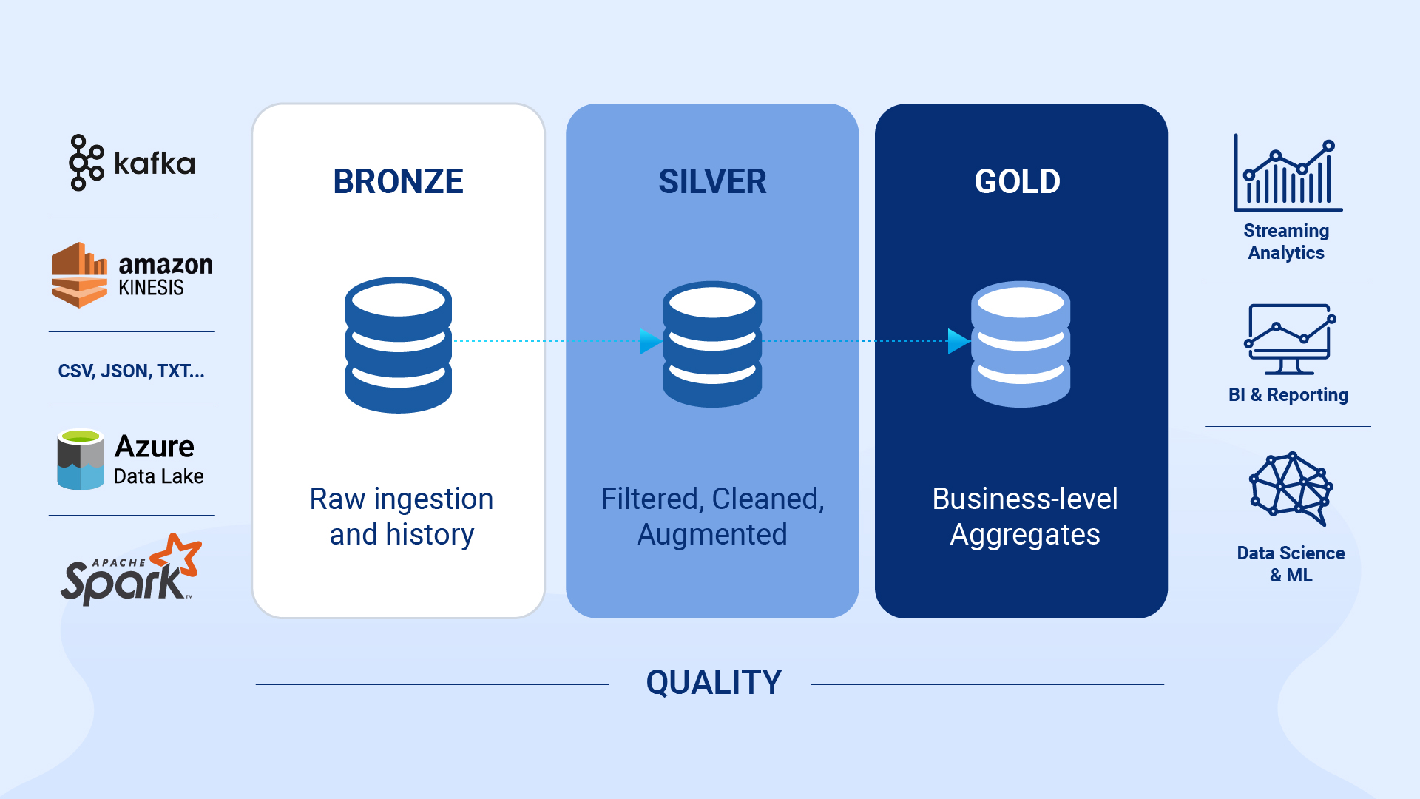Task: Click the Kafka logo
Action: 132,163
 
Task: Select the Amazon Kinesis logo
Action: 132,274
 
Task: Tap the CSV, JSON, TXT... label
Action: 132,371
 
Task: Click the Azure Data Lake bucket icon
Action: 81,459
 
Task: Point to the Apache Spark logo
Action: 131,569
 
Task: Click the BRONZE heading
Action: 398,181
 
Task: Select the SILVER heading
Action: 712,181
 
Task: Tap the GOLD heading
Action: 1018,181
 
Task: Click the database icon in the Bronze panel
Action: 399,345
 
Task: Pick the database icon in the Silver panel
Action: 712,344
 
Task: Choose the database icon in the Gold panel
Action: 1021,344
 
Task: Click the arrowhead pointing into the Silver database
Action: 651,341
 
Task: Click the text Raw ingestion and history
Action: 402,516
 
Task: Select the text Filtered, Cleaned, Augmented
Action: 712,516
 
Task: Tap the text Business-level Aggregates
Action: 1025,516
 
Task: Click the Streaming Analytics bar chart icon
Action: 1288,173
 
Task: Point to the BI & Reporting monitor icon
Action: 1289,339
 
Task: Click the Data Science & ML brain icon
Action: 1291,488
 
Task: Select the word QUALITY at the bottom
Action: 714,682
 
